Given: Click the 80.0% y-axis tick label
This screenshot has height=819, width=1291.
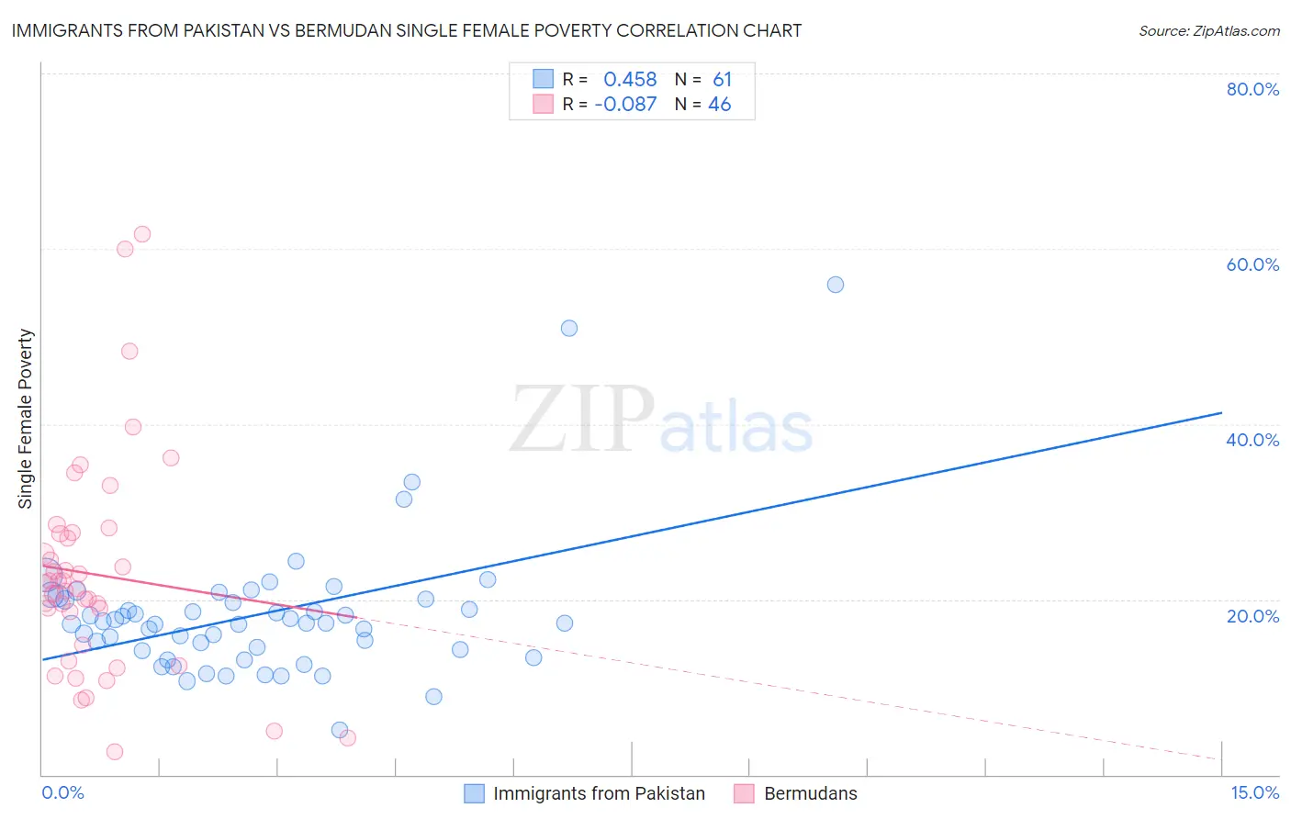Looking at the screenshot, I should point(1252,89).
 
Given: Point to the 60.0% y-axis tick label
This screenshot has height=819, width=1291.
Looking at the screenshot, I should point(1252,264).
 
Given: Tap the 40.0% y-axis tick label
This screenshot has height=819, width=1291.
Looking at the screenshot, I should point(1252,440).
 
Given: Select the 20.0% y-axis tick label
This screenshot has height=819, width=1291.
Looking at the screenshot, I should point(1252,616).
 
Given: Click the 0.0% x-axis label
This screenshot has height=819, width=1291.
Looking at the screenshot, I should point(62,792).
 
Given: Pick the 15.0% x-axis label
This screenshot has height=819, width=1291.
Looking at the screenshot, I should point(1254,792).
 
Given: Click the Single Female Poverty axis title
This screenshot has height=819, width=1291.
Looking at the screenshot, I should point(26,419).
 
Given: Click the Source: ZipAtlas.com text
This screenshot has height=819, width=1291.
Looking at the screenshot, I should point(1208,30).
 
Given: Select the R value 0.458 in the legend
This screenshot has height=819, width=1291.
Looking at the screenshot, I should point(630,80).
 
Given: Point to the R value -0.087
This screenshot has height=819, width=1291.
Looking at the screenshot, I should point(625,105).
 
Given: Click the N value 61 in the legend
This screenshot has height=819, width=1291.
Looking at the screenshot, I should point(722,80).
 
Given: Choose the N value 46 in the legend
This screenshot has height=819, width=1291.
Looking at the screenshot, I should point(720,105).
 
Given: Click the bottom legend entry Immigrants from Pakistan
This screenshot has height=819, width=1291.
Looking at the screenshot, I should point(599,793).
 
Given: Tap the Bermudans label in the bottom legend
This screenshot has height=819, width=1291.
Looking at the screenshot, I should point(810,793).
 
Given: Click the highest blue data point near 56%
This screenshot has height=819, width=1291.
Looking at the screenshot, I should point(836,285).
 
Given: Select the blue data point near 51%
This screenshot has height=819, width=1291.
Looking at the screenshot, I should point(569,328).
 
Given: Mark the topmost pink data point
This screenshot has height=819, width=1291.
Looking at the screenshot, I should point(142,234).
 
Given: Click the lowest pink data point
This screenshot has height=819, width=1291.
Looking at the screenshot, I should point(115,752).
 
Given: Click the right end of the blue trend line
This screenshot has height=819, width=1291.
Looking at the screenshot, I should point(1221,413).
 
